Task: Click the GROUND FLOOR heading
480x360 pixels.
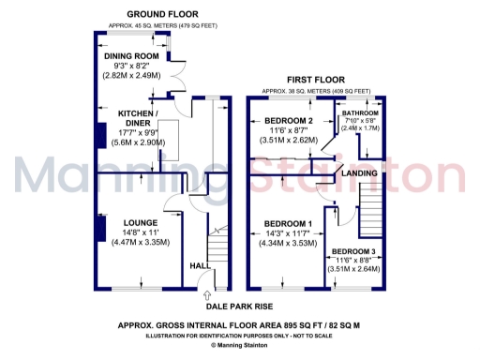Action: pos(155,14)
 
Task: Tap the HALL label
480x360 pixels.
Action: pos(198,264)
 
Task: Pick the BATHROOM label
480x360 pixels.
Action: pos(361,112)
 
